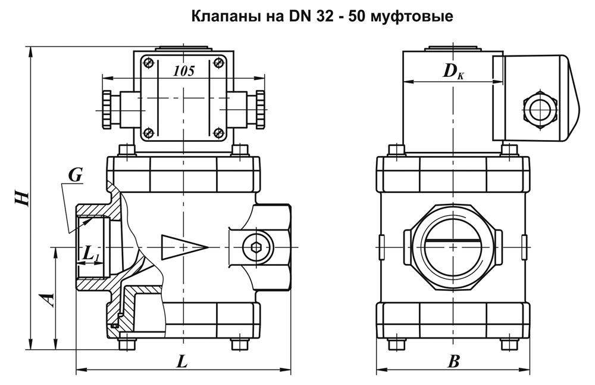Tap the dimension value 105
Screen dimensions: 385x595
[x=184, y=71]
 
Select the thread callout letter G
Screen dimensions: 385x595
[x=75, y=175]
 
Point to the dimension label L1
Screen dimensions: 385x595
[x=91, y=254]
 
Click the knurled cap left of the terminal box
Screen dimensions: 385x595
[x=107, y=110]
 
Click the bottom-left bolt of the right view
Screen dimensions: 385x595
[x=393, y=344]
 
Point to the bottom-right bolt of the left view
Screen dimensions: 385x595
[x=239, y=344]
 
